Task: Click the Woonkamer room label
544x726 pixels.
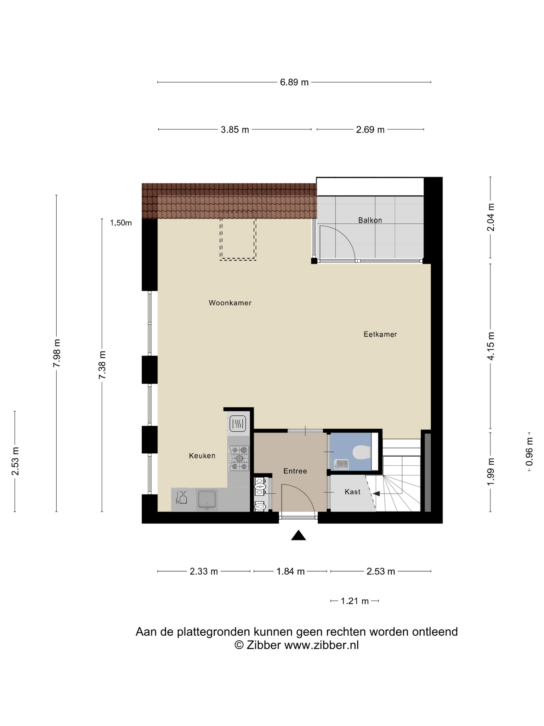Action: [x=230, y=303]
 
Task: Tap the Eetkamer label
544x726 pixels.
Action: [x=380, y=334]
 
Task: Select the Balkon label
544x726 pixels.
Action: [x=370, y=220]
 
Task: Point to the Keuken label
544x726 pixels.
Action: [x=202, y=456]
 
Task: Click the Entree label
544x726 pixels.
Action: [x=295, y=471]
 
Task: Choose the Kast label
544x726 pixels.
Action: [x=352, y=492]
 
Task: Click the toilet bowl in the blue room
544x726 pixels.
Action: [x=362, y=452]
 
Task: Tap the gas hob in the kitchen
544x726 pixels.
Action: [x=239, y=458]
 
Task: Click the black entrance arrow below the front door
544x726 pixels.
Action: [x=298, y=535]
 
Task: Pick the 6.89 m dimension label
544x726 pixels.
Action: [x=294, y=82]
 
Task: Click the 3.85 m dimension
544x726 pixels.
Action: [x=235, y=129]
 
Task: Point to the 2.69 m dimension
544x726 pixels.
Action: [x=370, y=129]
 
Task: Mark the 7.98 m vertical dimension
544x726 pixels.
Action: [x=57, y=353]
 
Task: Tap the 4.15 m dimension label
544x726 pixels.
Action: [x=491, y=346]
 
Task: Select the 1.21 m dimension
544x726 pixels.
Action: [x=355, y=601]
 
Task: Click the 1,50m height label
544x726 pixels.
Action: [x=121, y=223]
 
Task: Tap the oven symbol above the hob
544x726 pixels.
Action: [x=238, y=423]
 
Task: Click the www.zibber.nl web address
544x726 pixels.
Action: [x=322, y=645]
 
